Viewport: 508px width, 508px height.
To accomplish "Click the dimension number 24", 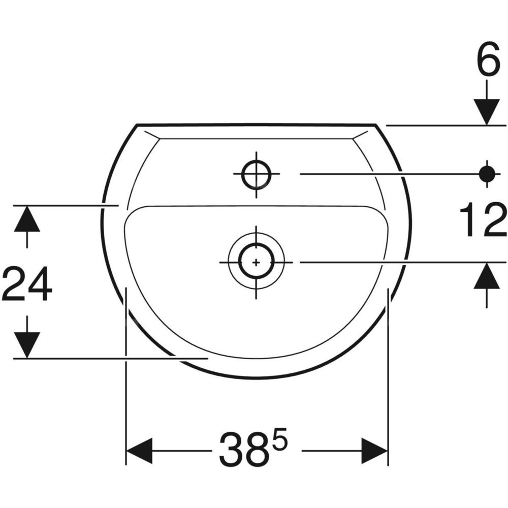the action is pyautogui.click(x=26, y=283).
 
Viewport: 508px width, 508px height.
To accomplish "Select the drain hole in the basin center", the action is pyautogui.click(x=256, y=262).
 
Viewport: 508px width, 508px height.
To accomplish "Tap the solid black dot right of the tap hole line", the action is pyautogui.click(x=487, y=174).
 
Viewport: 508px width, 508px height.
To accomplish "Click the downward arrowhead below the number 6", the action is pyautogui.click(x=486, y=112).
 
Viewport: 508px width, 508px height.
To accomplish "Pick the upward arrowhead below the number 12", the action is pyautogui.click(x=486, y=275).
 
